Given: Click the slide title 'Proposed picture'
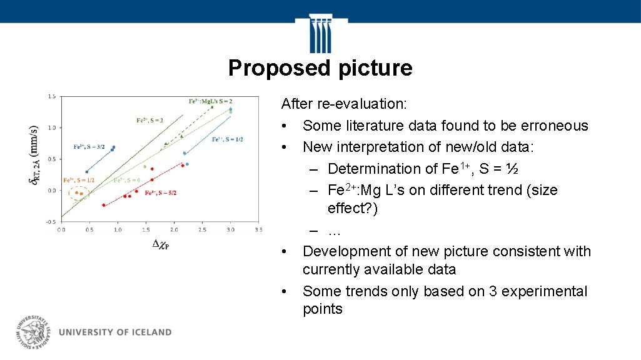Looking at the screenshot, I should coord(320,67).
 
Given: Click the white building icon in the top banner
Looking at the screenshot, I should coord(320,34).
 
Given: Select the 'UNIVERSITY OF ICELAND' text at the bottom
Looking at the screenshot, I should coord(115,332).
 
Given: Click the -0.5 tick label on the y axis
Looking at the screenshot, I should coord(50,222).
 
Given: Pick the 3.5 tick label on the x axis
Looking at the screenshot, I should coord(258,230).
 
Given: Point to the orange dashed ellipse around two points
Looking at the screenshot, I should coord(79,194).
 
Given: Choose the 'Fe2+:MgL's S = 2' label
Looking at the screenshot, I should coord(211,101).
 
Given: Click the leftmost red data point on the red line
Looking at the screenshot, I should coord(104,205).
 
